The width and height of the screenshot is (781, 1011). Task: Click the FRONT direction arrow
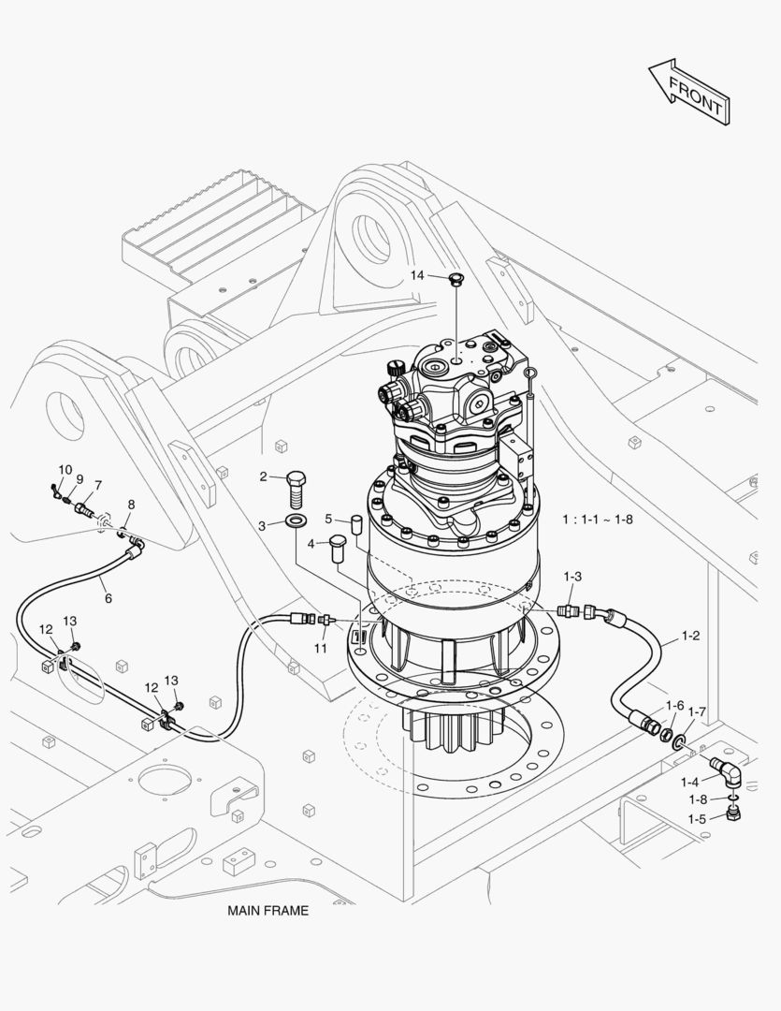click(688, 93)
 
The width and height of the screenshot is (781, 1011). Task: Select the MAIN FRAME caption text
click(268, 910)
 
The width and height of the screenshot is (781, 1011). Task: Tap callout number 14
click(417, 275)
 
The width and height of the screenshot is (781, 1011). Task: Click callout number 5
click(328, 519)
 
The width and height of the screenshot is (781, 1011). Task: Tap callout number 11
click(320, 648)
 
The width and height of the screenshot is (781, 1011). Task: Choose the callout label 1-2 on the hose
click(690, 637)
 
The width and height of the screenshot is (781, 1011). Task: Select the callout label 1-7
click(697, 711)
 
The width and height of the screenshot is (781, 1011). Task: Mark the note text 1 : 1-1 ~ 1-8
click(597, 519)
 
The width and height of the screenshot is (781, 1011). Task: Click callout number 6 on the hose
click(108, 598)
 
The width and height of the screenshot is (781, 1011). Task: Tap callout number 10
click(65, 469)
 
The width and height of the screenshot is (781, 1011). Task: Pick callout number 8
click(131, 505)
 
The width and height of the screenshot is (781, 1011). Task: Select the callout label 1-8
click(698, 799)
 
